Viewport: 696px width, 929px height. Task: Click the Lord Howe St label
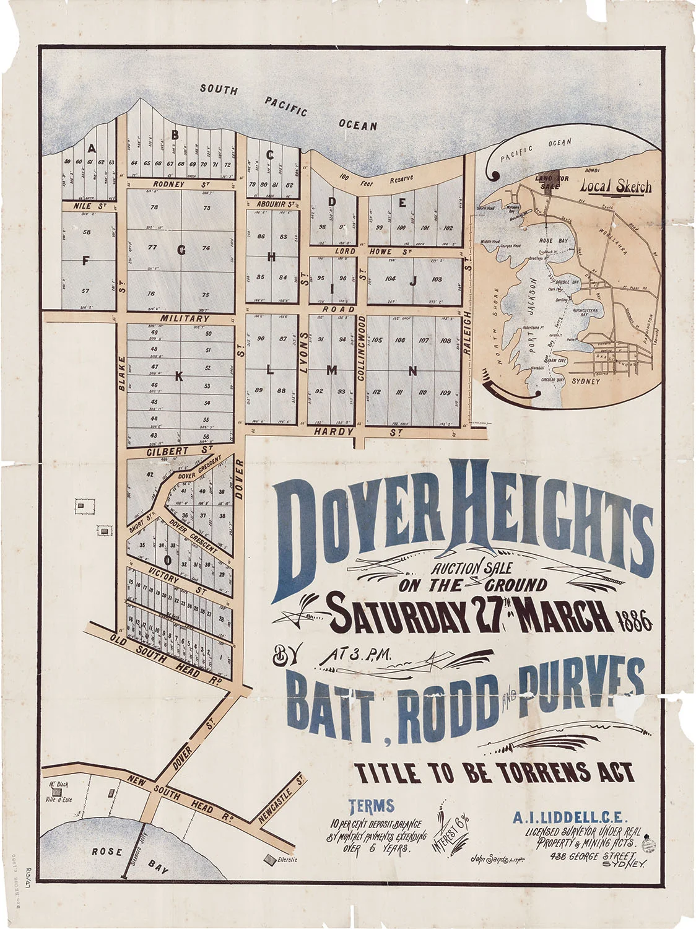(x=373, y=251)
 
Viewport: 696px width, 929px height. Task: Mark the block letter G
(x=181, y=250)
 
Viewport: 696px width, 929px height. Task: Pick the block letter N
(x=412, y=372)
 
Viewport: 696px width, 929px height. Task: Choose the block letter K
(x=179, y=376)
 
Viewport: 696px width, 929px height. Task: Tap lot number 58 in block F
(x=86, y=232)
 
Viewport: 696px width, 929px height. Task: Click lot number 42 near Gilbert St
(x=150, y=474)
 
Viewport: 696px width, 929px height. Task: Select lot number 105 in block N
(x=376, y=340)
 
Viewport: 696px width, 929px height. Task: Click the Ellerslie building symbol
(x=270, y=859)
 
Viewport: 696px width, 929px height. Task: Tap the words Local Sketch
(x=616, y=186)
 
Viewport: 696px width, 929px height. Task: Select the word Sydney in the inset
(x=585, y=381)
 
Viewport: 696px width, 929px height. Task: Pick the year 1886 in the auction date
(x=634, y=620)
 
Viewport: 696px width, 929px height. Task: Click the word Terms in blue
(x=372, y=806)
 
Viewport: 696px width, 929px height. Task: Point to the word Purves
(x=582, y=680)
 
